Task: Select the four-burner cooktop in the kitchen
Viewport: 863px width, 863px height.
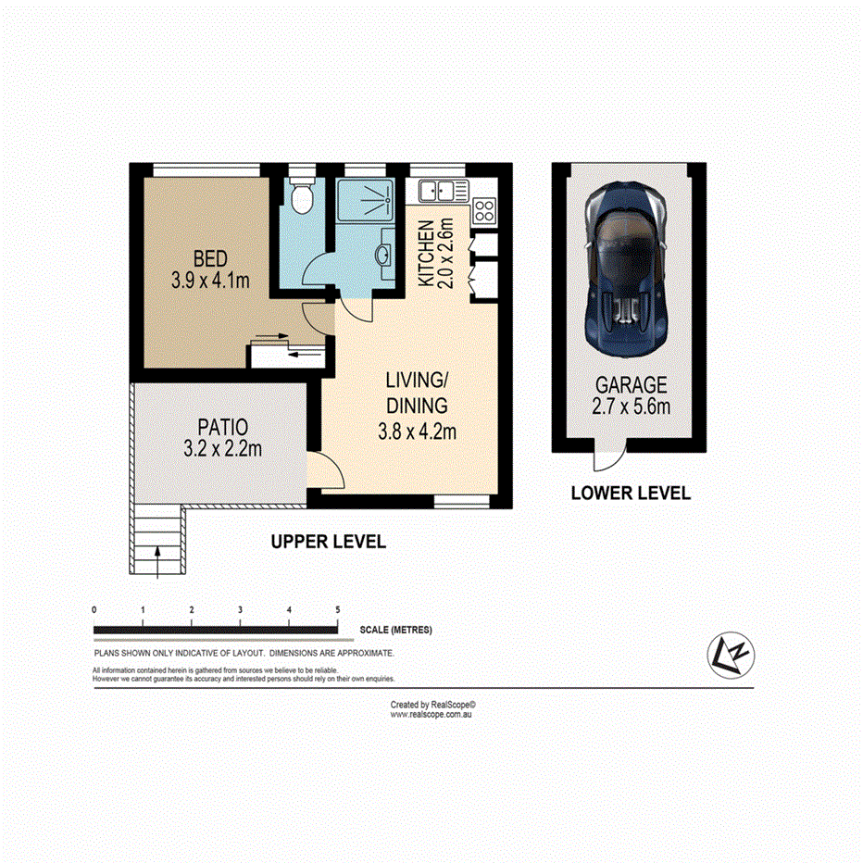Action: pyautogui.click(x=484, y=211)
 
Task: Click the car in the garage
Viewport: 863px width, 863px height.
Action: pyautogui.click(x=627, y=264)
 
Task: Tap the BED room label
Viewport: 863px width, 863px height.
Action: pyautogui.click(x=210, y=257)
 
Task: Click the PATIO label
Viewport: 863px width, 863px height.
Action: pyautogui.click(x=223, y=428)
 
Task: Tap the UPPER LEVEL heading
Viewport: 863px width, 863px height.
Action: pyautogui.click(x=328, y=542)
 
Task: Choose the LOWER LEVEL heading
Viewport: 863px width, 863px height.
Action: pyautogui.click(x=630, y=494)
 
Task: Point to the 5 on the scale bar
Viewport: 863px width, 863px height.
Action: pyautogui.click(x=338, y=609)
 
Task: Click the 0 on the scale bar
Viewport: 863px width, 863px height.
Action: pyautogui.click(x=94, y=609)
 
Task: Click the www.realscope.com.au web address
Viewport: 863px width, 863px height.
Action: pyautogui.click(x=431, y=714)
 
